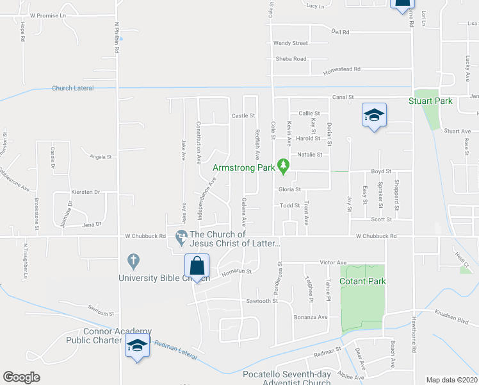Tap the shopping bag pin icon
[197, 265]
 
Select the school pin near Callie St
[374, 116]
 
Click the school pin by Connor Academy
[136, 346]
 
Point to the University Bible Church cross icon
[133, 261]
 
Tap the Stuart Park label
[430, 101]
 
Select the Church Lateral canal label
[72, 89]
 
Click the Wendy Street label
[291, 44]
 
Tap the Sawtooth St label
[261, 300]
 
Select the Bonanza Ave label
[311, 317]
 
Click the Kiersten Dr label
[89, 192]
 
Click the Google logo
[21, 377]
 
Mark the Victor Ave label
[333, 262]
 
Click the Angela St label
[101, 157]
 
